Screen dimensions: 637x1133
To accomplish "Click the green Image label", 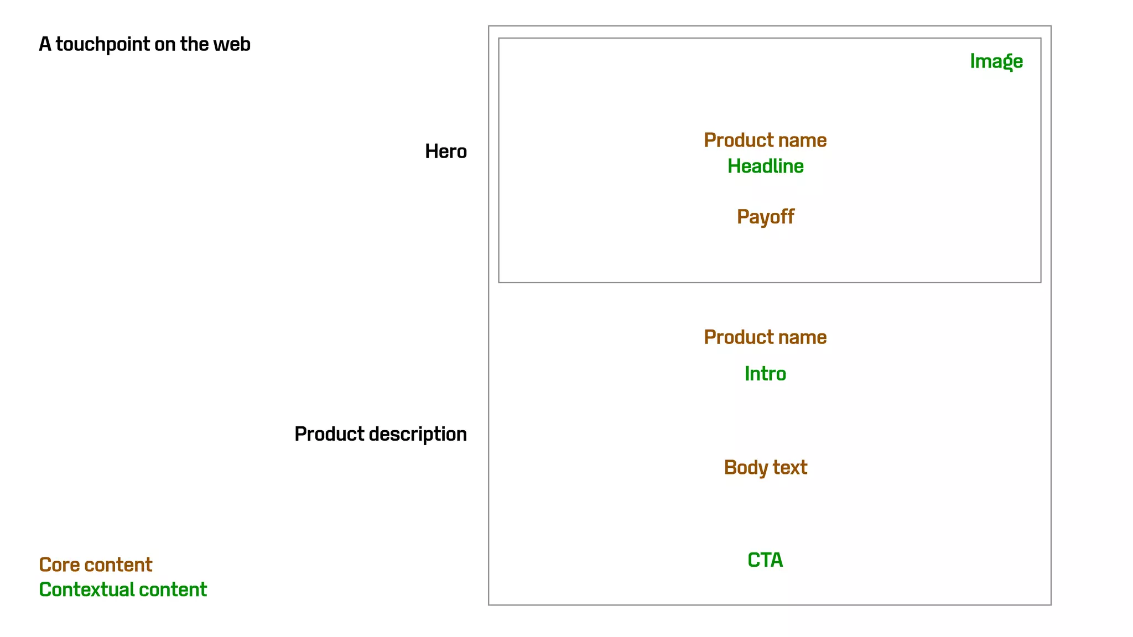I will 996,61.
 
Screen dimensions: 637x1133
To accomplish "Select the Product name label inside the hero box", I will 765,140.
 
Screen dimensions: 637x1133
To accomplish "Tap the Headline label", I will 765,166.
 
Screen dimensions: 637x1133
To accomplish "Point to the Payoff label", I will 765,217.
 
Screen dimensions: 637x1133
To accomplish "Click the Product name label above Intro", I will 765,337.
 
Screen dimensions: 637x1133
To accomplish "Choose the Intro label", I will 765,374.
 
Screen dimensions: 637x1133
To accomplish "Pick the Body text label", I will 765,468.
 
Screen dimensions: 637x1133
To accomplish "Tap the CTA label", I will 765,560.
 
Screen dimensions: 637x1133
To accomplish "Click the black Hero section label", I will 445,152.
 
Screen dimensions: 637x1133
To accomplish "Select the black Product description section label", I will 380,434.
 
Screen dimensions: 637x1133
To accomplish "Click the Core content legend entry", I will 95,565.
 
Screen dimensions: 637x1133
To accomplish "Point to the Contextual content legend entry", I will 123,589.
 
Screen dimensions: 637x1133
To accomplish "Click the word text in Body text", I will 790,468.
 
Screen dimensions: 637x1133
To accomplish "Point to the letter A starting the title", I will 45,44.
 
